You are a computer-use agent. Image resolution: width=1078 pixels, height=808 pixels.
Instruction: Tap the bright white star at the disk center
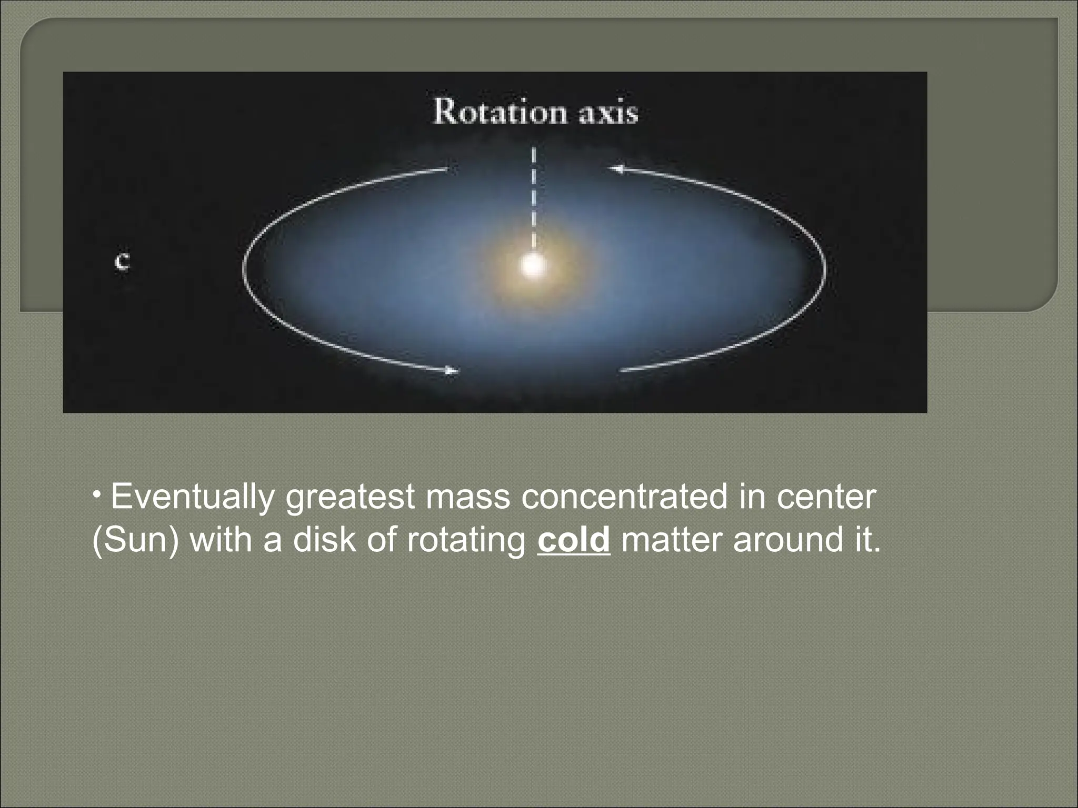[x=533, y=266]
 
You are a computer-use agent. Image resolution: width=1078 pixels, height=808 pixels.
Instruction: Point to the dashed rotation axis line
[x=534, y=200]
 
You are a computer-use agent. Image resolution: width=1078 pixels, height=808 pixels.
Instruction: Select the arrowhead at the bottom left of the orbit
[x=452, y=371]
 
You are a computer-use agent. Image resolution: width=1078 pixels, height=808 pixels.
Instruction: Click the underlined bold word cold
[x=573, y=540]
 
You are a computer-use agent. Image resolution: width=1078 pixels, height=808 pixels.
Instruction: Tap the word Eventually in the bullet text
[x=193, y=497]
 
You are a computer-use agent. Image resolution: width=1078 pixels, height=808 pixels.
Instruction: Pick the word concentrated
[x=624, y=497]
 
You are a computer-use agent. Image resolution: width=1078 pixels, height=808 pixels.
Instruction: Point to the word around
[x=787, y=540]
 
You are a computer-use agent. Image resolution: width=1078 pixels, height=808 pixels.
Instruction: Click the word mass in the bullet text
[x=468, y=497]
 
